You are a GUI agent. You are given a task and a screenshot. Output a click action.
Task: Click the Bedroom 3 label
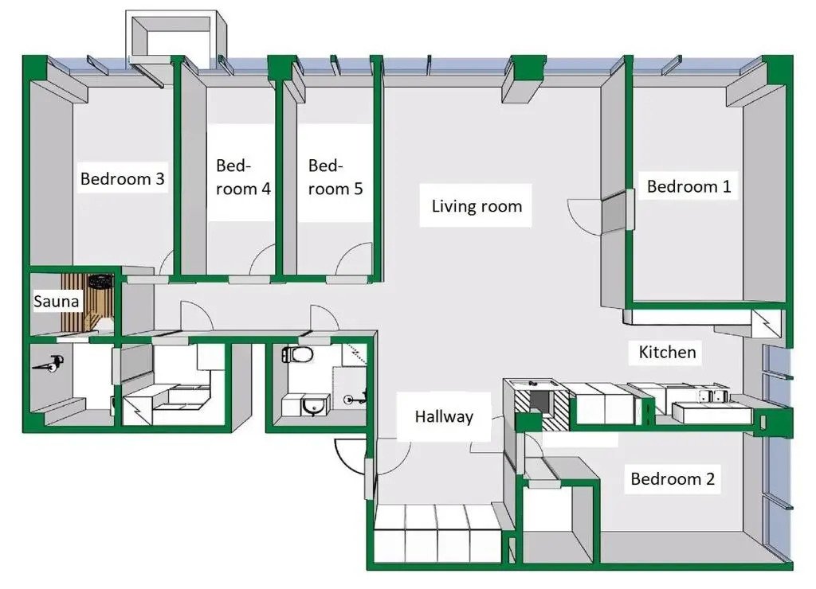tap(123, 179)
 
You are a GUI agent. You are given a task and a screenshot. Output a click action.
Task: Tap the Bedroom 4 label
tap(243, 177)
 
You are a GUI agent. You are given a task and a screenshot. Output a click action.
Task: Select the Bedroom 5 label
tap(335, 177)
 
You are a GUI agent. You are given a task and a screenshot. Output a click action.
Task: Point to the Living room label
tap(477, 206)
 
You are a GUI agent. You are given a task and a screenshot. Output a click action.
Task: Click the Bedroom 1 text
tap(688, 187)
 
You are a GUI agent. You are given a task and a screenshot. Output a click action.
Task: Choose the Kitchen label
tap(667, 352)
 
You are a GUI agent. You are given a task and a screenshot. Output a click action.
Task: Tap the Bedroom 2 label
tap(673, 479)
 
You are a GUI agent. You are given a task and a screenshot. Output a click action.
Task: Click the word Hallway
tap(444, 416)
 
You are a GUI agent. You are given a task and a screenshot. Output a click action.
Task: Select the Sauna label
tap(56, 302)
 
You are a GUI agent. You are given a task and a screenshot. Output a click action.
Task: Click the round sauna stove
tap(100, 282)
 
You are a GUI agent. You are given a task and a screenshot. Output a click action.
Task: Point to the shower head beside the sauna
tap(53, 365)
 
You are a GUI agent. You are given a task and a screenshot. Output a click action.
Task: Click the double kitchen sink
tap(713, 396)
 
